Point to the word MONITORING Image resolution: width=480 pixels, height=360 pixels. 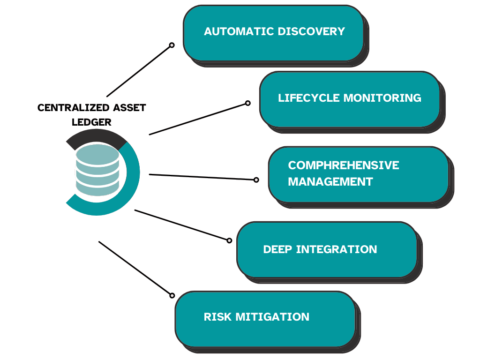tap(382, 98)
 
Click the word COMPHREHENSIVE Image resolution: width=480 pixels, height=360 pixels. tap(344, 165)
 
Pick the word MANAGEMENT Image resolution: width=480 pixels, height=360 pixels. tap(330, 181)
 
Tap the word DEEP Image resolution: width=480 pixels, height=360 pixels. tap(278, 249)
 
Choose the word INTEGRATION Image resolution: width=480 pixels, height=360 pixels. tap(337, 249)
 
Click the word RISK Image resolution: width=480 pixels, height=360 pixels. tap(218, 317)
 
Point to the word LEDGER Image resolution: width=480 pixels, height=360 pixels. tap(91, 122)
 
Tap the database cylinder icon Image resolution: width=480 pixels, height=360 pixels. tap(97, 170)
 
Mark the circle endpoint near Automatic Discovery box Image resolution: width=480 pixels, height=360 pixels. tap(172, 45)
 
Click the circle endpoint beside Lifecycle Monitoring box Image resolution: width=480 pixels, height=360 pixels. tap(248, 103)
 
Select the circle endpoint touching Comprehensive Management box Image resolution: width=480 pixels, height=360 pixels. tap(256, 180)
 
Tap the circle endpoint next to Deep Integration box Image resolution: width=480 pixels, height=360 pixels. tap(229, 240)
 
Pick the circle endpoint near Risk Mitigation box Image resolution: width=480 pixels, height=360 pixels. tap(172, 295)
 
